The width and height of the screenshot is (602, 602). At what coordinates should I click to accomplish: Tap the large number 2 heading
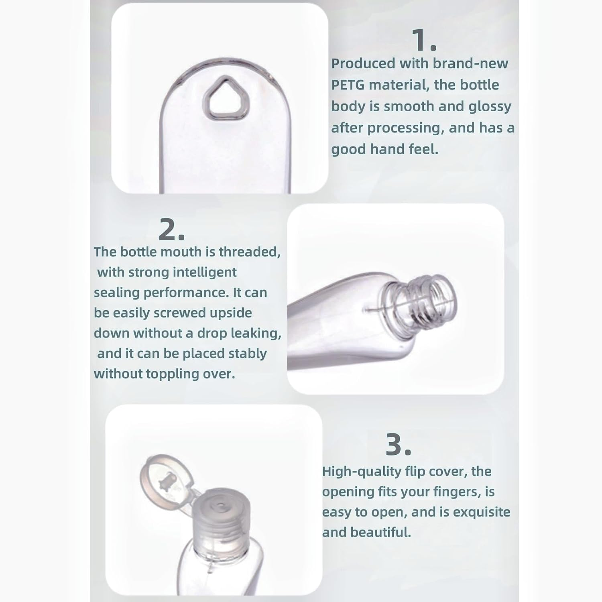click(171, 230)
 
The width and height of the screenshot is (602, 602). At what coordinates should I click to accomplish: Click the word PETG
click(348, 85)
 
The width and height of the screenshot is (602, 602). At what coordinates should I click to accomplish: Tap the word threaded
click(250, 252)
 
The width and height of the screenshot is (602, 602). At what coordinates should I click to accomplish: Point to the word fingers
click(456, 492)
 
